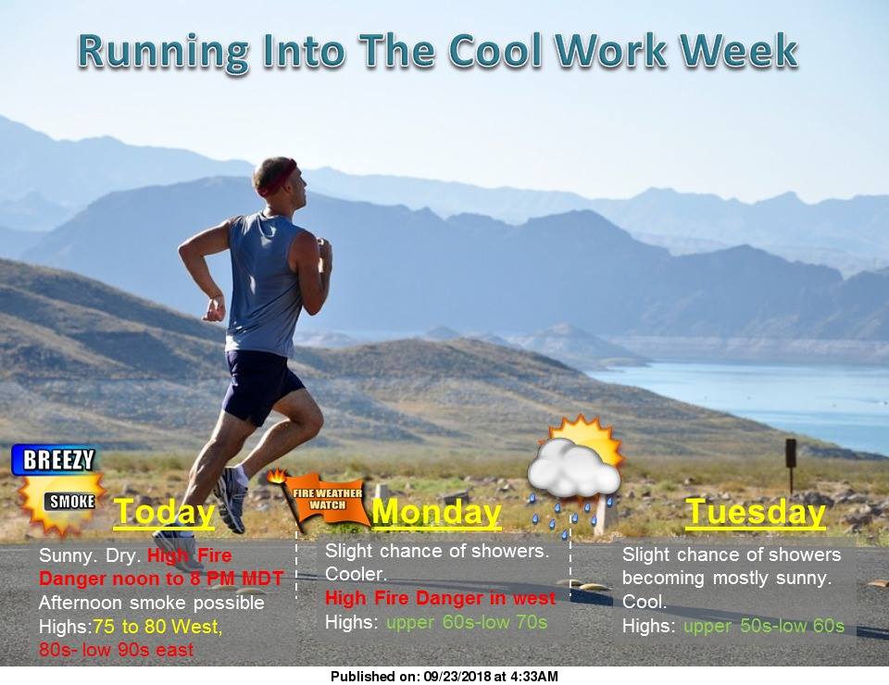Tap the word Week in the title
click(x=739, y=50)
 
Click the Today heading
click(x=165, y=513)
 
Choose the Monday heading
click(x=436, y=512)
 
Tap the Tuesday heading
click(x=756, y=512)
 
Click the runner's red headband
click(x=278, y=177)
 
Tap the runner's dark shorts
click(x=261, y=385)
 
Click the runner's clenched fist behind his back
click(x=215, y=308)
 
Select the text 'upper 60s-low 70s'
click(x=467, y=623)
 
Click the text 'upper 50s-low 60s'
click(x=764, y=626)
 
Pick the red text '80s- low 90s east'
click(x=117, y=650)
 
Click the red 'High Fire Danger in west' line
click(x=441, y=598)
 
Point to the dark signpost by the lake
click(x=791, y=466)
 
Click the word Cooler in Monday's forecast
click(x=356, y=574)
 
